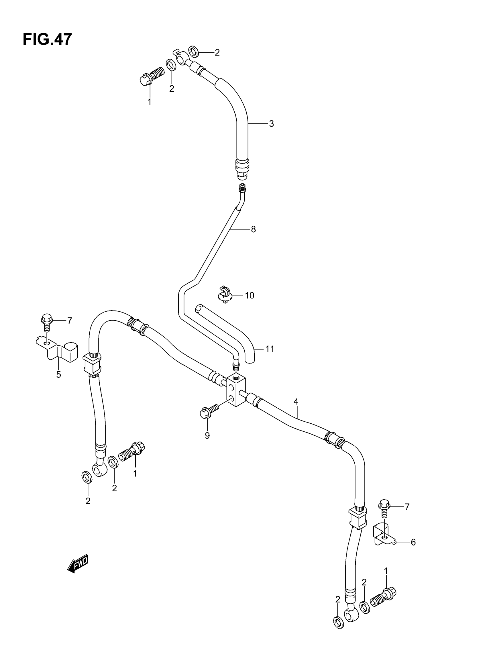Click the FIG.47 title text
tap(47, 40)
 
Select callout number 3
tap(271, 124)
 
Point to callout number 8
tap(254, 229)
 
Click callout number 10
tap(249, 295)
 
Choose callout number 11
tap(270, 349)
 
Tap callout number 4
tap(296, 402)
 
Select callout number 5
tap(59, 374)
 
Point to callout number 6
tap(413, 542)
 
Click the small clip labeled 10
tap(225, 294)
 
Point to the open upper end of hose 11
tap(199, 309)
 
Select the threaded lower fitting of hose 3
tap(242, 168)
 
